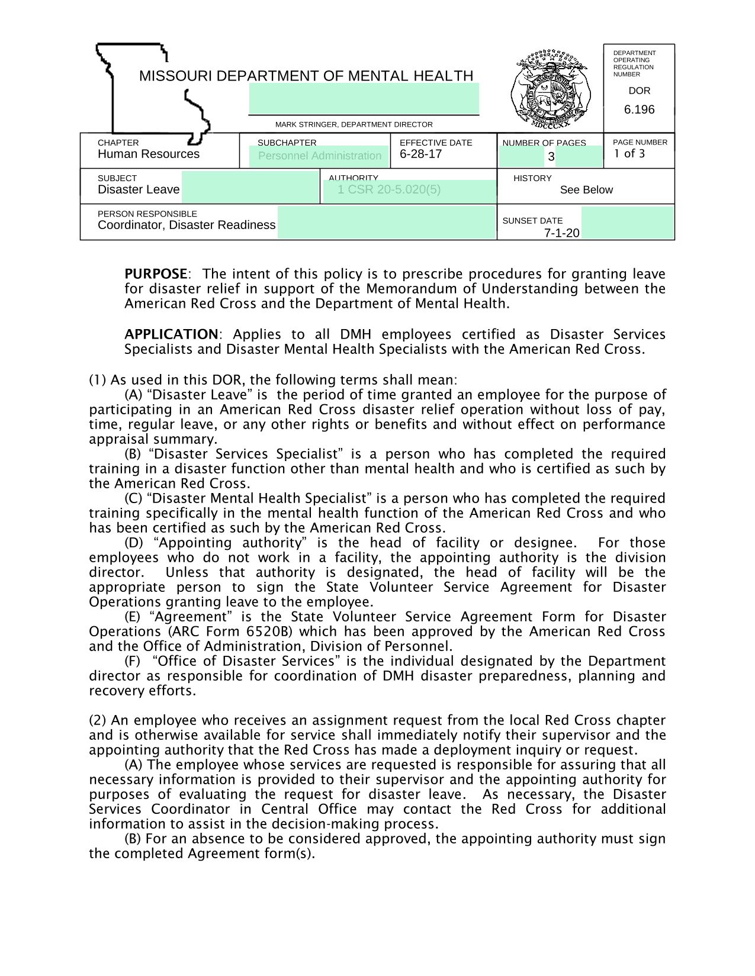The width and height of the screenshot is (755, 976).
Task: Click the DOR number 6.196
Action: click(639, 109)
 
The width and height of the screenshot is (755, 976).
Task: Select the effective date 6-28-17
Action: click(420, 154)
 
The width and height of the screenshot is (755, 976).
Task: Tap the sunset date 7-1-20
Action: click(561, 233)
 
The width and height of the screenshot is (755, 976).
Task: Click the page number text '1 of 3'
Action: click(629, 154)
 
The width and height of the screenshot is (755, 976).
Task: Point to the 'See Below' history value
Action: click(586, 190)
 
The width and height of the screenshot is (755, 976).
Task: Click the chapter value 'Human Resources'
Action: click(149, 154)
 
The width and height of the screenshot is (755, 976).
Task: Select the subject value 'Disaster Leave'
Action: click(139, 189)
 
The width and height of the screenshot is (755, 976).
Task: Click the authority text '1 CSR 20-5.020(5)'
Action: click(389, 189)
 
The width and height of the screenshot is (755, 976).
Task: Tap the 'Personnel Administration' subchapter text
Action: click(320, 156)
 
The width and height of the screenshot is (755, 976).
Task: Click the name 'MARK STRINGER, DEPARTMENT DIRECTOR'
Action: click(354, 124)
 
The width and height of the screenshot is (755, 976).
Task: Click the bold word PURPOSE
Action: click(156, 274)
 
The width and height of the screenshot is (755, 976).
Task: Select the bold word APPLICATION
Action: click(171, 334)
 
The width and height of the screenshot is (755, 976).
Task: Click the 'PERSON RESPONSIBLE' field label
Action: click(147, 214)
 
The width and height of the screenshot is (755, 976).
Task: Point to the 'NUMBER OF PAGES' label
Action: click(544, 143)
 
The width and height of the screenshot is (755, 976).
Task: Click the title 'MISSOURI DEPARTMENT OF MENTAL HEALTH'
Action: click(306, 76)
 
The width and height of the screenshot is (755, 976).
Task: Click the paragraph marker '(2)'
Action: click(98, 720)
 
